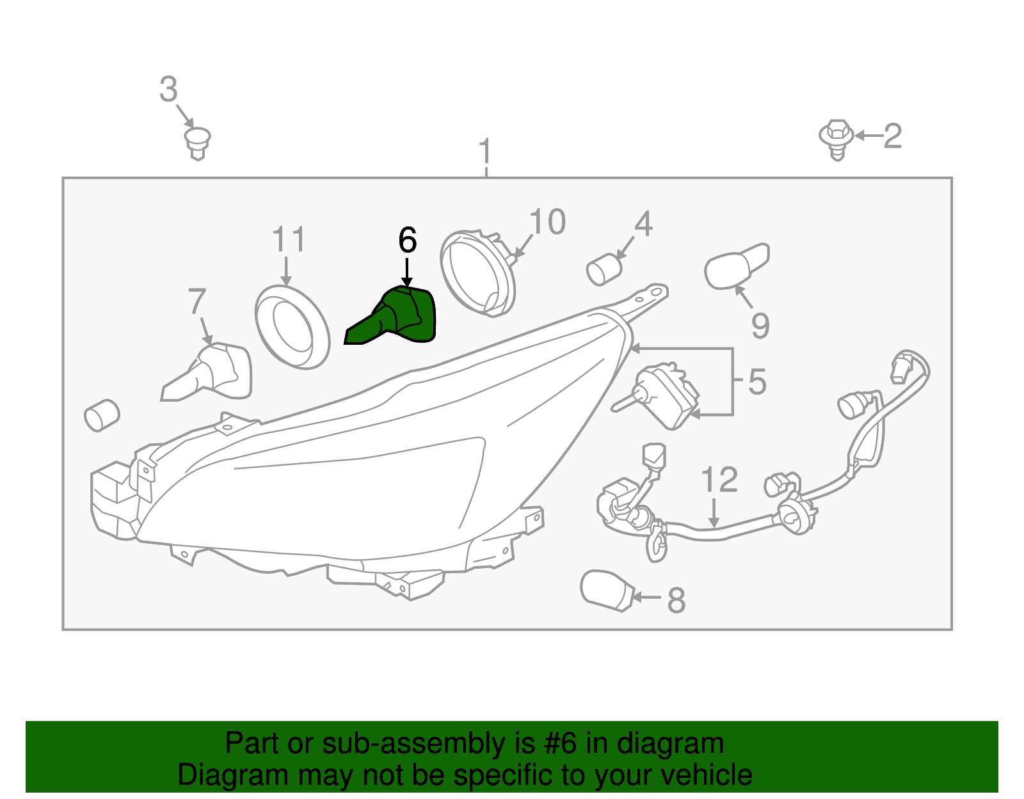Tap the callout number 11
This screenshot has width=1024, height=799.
[x=289, y=239]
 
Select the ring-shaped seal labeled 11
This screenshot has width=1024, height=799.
[x=292, y=327]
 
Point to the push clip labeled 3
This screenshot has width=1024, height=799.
[x=198, y=143]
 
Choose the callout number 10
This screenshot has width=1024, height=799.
[x=547, y=222]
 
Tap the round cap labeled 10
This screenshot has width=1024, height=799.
[x=477, y=273]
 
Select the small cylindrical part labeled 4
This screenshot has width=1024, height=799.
[x=604, y=270]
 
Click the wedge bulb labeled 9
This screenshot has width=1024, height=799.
[x=736, y=266]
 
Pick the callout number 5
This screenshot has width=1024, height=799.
[x=757, y=381]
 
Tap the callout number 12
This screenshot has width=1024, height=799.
[x=719, y=480]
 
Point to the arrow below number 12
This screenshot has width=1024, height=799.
[x=714, y=513]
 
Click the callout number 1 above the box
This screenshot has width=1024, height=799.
[x=485, y=151]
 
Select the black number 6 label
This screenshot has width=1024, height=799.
[x=408, y=240]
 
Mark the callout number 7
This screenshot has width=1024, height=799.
[x=197, y=301]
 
